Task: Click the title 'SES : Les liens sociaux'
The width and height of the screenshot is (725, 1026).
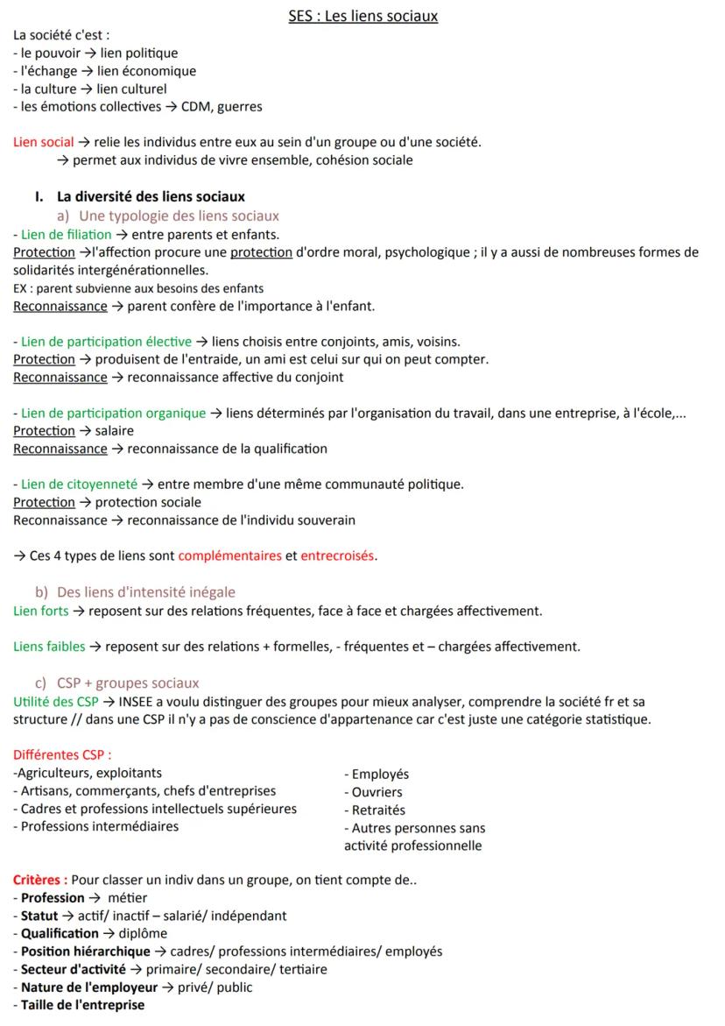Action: click(363, 16)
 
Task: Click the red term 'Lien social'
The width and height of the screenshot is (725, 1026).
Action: click(44, 142)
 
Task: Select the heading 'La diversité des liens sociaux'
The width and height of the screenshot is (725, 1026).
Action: click(151, 196)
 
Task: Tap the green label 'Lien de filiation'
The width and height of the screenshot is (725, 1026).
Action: click(67, 234)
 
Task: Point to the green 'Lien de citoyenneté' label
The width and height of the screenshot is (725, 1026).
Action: click(79, 484)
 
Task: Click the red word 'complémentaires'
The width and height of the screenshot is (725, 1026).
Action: click(229, 555)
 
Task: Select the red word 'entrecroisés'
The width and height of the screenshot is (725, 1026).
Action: click(338, 555)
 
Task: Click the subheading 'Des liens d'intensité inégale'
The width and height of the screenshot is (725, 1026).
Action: click(146, 592)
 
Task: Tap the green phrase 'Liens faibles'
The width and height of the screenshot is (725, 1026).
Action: click(50, 647)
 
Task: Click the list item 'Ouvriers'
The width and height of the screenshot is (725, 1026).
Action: click(377, 792)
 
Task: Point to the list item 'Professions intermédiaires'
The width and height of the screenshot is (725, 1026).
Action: click(99, 826)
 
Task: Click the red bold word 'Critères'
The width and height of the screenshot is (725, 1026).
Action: click(39, 880)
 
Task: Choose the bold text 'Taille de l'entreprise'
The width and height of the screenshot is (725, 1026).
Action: click(82, 1005)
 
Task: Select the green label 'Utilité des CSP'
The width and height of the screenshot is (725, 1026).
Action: click(56, 701)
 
